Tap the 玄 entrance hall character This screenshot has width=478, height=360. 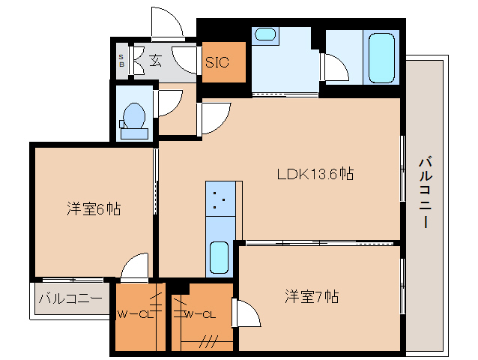(x=154, y=61)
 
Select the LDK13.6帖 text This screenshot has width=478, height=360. (x=315, y=174)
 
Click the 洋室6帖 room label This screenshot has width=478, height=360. (x=94, y=209)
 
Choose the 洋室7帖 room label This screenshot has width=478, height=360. (x=311, y=296)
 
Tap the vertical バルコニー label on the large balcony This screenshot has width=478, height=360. (x=425, y=192)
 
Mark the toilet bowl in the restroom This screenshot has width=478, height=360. (x=134, y=118)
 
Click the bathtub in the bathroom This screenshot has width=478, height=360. (x=382, y=57)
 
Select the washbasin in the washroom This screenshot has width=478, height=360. (x=264, y=34)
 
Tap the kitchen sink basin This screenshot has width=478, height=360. (x=219, y=257)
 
